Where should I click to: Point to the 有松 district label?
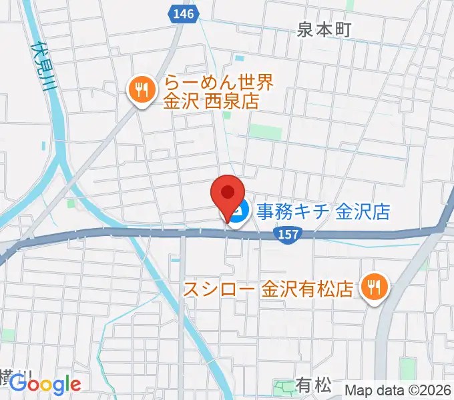coord(313,385)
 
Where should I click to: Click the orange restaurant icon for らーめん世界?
coord(140,92)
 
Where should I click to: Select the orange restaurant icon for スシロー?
coord(373,288)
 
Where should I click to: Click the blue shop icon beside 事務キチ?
coord(239,213)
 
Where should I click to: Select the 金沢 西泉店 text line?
coord(211,102)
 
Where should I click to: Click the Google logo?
coord(45,384)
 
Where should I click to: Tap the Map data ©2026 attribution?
coord(399,390)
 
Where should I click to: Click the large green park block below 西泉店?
coord(266,132)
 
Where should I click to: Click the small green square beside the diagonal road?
coord(71,203)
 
